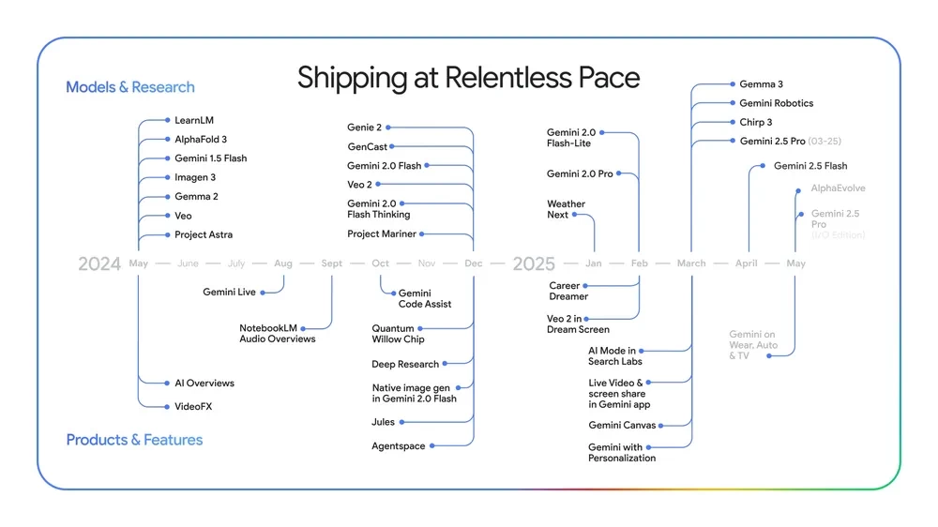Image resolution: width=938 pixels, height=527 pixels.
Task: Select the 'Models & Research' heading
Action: coord(130,87)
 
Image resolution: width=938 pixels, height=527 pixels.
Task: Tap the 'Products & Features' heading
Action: coord(134,440)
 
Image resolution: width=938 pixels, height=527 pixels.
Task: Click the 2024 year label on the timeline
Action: coord(99,263)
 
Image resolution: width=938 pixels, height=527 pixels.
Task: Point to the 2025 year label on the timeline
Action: coord(534,263)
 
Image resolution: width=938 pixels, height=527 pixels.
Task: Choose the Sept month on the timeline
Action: coord(332,263)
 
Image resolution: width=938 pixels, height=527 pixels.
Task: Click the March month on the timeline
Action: coord(691,263)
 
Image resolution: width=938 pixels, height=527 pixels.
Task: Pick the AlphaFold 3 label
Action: coord(201,140)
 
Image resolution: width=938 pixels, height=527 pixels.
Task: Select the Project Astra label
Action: coord(204,234)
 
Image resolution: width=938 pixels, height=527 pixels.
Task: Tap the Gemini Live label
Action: coord(229,293)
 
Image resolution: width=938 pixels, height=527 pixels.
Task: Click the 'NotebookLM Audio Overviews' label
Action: coord(277,333)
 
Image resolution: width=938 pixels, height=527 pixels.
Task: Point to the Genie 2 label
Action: coord(365,127)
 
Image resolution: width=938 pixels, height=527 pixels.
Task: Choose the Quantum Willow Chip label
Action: coord(398,334)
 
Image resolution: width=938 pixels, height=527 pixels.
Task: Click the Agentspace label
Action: coord(398,446)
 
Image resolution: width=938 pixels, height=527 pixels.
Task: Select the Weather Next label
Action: coord(566,209)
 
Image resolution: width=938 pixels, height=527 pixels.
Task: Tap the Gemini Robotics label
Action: coord(776,103)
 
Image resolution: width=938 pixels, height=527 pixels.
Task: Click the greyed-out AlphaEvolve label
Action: coord(838,188)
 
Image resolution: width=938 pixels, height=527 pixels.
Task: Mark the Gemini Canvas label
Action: coord(623,426)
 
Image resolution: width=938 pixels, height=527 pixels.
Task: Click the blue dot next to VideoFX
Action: coord(167,407)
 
